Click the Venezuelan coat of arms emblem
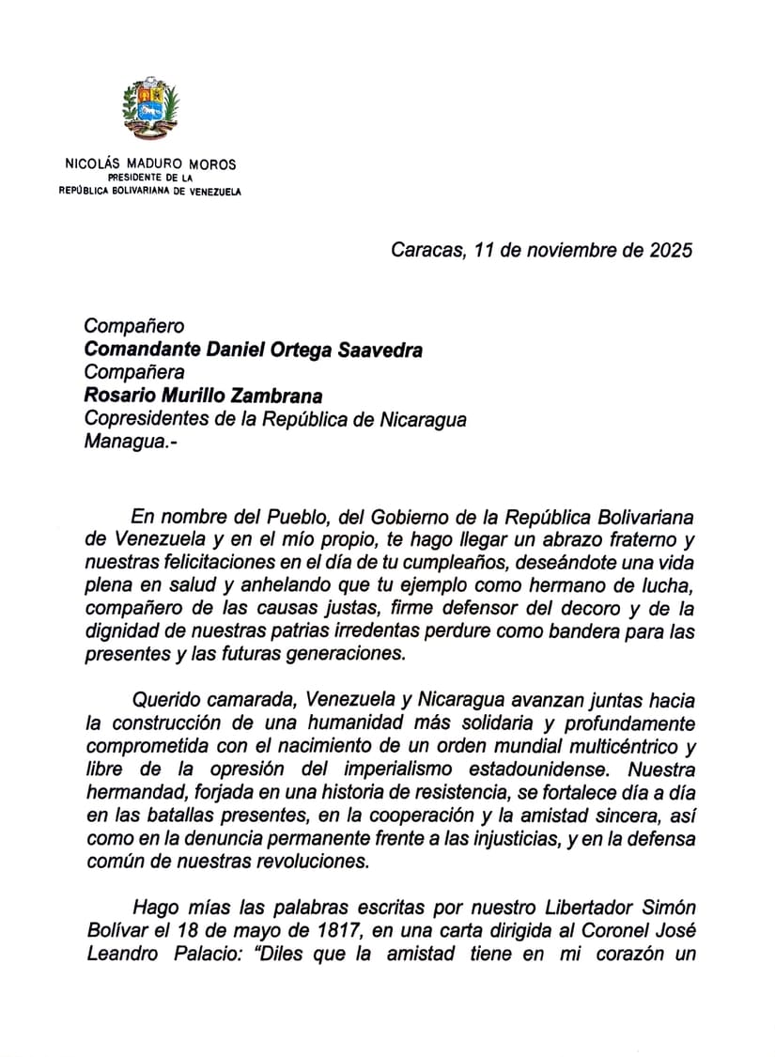(x=150, y=109)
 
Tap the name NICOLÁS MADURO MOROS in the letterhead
(x=150, y=163)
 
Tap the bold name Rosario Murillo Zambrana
(x=204, y=396)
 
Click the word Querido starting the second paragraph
(x=166, y=700)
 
